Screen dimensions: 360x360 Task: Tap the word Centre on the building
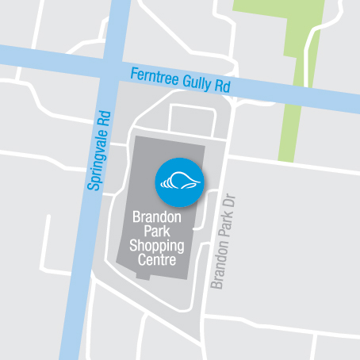coord(155,259)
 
